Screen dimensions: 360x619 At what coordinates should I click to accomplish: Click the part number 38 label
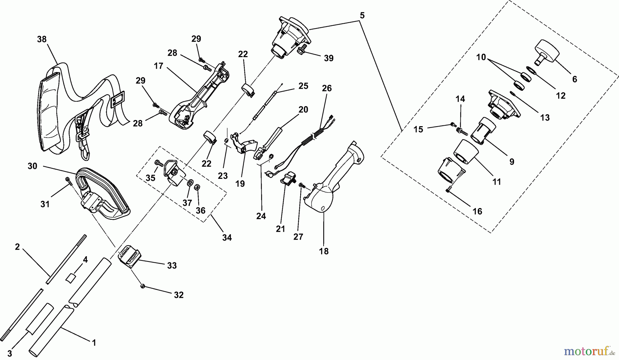click(x=42, y=39)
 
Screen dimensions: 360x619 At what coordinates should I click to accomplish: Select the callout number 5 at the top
click(x=362, y=15)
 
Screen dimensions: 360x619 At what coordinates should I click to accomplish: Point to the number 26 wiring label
click(x=327, y=88)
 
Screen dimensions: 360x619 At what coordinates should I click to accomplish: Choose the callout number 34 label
click(x=227, y=237)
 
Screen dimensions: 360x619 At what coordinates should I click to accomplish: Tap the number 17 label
click(x=159, y=66)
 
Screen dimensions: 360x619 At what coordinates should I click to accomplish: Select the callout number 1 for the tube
click(x=94, y=342)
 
